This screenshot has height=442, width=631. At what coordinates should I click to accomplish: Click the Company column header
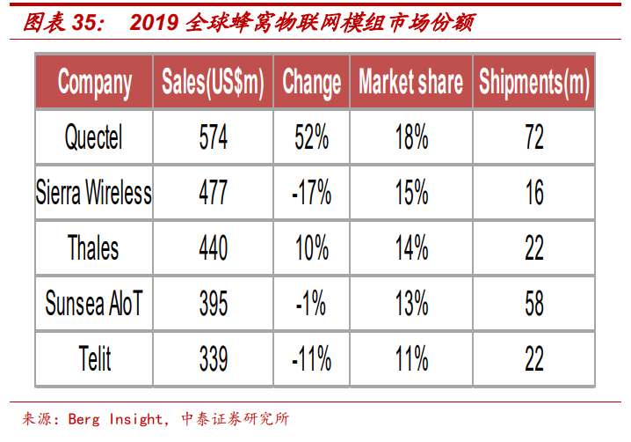(x=95, y=83)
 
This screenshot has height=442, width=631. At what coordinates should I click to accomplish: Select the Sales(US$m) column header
(x=213, y=83)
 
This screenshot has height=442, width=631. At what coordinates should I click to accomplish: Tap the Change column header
(x=311, y=83)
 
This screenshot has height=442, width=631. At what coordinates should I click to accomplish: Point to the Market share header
(x=410, y=83)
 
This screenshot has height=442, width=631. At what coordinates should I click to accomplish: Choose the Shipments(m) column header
(x=534, y=83)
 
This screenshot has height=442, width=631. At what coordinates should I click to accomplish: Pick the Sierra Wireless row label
(x=94, y=192)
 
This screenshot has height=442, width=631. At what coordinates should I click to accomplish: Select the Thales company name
(x=94, y=247)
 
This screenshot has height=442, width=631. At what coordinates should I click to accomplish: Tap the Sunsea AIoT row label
(x=94, y=304)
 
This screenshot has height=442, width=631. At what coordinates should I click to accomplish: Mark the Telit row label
(x=94, y=358)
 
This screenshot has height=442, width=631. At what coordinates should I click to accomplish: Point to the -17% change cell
(x=311, y=192)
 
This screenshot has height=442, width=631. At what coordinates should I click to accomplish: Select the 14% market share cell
(x=410, y=247)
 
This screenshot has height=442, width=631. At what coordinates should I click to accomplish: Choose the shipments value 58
(x=534, y=304)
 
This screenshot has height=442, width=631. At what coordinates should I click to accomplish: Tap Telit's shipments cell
(x=534, y=358)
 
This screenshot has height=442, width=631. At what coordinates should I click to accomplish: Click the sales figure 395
(x=213, y=304)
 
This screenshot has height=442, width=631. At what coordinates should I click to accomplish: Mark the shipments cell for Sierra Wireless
(x=534, y=192)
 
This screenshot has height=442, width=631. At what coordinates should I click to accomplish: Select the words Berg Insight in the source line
(x=115, y=419)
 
